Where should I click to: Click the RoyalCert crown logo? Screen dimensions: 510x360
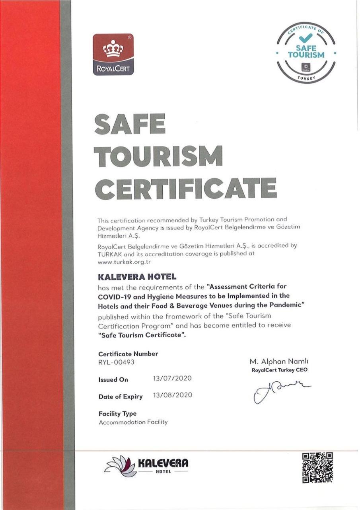[113, 54]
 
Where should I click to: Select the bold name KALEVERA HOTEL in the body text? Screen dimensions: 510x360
[137, 276]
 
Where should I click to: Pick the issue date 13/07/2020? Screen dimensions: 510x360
[172, 378]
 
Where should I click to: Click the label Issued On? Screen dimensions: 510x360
[113, 379]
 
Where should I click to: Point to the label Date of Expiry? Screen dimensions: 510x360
[121, 397]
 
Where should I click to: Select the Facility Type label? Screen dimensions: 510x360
[117, 413]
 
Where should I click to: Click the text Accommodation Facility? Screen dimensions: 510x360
[133, 422]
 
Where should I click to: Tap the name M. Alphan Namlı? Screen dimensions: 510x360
[279, 361]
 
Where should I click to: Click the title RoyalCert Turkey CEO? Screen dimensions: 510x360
[280, 370]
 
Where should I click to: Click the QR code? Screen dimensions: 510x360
[317, 467]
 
